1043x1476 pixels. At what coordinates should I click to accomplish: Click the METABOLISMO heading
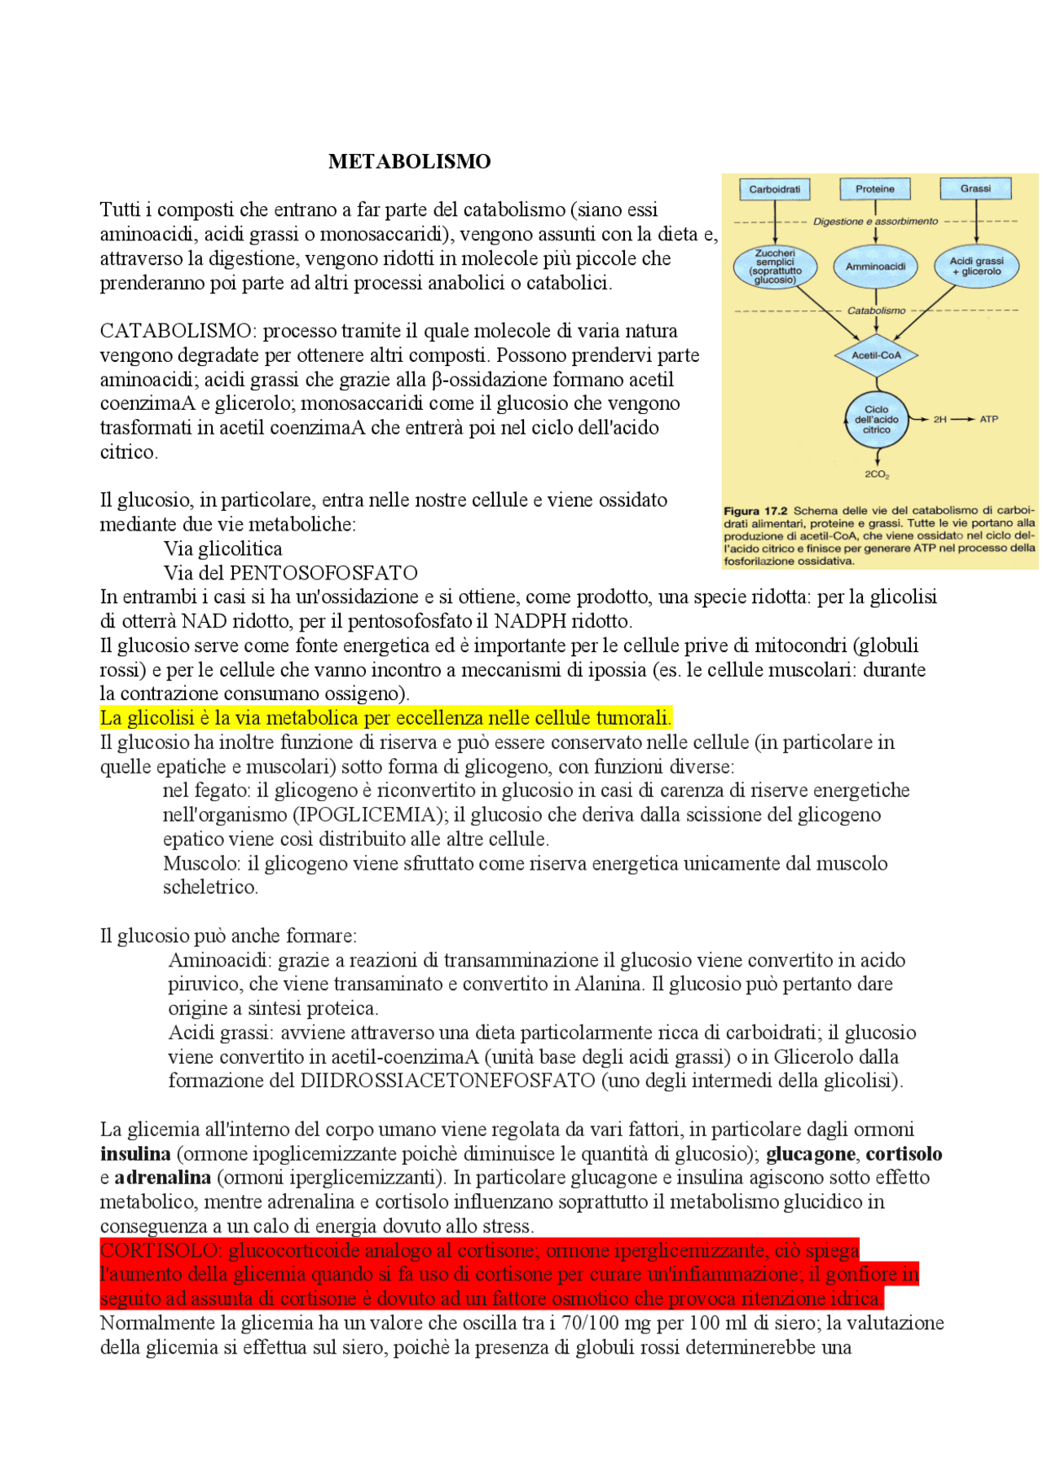pos(409,161)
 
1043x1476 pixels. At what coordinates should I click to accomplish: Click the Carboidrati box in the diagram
pos(774,189)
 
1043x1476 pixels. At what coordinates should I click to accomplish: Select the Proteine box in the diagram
pos(875,189)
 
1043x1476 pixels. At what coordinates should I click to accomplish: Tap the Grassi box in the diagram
pos(975,189)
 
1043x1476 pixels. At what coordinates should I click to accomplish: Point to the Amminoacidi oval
pos(876,267)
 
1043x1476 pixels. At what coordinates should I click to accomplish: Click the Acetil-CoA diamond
pos(876,355)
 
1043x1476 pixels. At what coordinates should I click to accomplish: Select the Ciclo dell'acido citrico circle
pos(876,420)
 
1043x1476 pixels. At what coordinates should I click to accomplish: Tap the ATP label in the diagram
pos(988,419)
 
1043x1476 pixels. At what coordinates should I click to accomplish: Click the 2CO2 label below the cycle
pos(877,474)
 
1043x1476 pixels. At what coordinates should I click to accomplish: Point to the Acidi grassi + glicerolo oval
pos(976,267)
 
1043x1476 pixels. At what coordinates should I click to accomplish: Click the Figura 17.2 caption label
pos(755,511)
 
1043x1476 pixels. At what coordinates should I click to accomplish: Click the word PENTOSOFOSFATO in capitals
pos(323,573)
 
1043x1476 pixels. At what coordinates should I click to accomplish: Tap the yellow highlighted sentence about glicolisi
pos(385,718)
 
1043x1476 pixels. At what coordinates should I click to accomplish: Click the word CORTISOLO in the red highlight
pos(160,1250)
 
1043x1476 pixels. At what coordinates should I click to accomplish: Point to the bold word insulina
pos(135,1154)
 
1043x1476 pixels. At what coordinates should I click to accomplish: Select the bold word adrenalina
pos(162,1178)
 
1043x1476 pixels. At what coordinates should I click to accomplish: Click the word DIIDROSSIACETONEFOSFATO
pos(447,1081)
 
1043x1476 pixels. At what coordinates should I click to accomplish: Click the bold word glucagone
pos(810,1154)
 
